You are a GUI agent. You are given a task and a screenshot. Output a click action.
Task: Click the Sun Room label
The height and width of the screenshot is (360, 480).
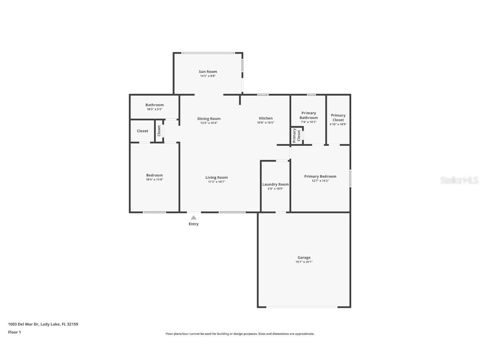coord(208,72)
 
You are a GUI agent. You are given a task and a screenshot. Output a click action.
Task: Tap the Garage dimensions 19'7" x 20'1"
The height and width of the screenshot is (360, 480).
coord(304,262)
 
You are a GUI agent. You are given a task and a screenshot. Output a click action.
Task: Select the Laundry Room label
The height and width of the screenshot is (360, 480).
coord(275,184)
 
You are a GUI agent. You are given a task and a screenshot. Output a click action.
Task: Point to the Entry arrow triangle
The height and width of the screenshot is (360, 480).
coord(193,217)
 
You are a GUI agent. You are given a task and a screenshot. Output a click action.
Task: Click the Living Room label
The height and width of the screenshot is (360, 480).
coord(216,177)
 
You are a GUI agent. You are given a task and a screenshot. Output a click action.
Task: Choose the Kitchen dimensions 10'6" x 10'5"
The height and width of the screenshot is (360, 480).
coord(265,123)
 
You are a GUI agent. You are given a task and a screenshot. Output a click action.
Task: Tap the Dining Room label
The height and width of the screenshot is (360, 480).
coord(209,119)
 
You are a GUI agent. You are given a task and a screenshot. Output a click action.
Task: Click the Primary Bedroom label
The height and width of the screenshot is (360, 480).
coord(320,176)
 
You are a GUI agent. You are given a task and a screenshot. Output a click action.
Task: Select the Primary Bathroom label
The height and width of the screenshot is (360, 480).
coord(309,115)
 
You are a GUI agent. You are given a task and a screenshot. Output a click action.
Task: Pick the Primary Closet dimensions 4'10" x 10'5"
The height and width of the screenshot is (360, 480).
coord(338,125)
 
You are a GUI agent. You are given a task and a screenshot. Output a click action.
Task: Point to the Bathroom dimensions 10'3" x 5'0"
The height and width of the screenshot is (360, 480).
coord(155,109)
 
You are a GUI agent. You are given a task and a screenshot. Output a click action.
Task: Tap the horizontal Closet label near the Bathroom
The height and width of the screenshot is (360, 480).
coord(142,131)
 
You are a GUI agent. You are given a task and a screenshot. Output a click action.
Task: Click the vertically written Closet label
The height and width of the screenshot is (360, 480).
coord(159,131)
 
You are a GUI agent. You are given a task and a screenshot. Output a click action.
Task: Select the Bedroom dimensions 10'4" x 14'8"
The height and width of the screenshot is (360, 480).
coord(154,180)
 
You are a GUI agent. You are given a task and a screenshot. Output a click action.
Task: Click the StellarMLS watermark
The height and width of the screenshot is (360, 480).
coord(460,180)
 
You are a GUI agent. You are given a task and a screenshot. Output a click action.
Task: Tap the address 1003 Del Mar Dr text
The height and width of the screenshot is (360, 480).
coord(43,324)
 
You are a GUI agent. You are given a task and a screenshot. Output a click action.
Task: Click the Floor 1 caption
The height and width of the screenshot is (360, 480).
coord(14,332)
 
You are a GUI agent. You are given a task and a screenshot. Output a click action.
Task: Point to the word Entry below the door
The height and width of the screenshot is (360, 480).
coord(193,224)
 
